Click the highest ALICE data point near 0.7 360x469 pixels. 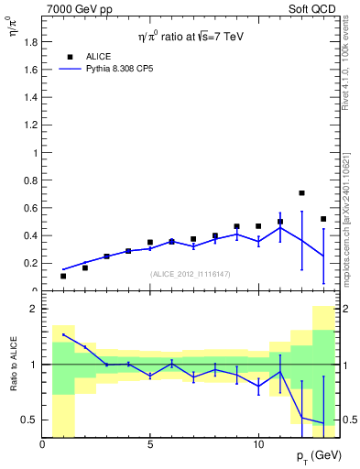pos(301,193)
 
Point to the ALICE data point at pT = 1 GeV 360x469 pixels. pos(63,276)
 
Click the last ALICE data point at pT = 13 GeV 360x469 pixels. pos(323,219)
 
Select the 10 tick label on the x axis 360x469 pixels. pos(258,445)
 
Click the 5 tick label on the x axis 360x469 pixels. pos(150,445)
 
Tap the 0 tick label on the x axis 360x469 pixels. pos(42,445)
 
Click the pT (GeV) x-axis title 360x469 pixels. pos(311,456)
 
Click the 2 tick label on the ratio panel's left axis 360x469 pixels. pos(33,310)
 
